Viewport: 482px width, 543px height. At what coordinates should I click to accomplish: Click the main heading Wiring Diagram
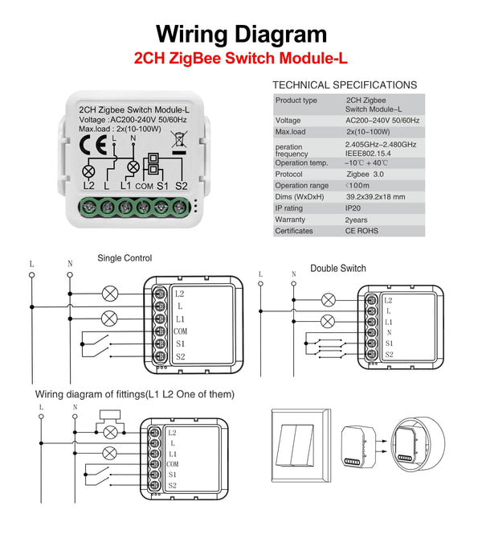(241, 34)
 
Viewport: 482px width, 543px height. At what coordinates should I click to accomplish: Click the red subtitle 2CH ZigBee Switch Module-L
(241, 59)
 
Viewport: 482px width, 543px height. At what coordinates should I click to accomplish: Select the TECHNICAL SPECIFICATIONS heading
(345, 84)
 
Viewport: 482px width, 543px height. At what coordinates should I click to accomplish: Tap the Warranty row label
(290, 220)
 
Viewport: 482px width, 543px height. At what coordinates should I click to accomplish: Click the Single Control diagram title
(125, 258)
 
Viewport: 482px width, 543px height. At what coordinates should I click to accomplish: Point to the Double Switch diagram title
(338, 268)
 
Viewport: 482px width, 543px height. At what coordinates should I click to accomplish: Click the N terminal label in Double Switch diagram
(389, 331)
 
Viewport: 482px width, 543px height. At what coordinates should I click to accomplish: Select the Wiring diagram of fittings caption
(135, 394)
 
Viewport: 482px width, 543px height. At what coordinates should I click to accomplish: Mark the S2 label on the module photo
(181, 186)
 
